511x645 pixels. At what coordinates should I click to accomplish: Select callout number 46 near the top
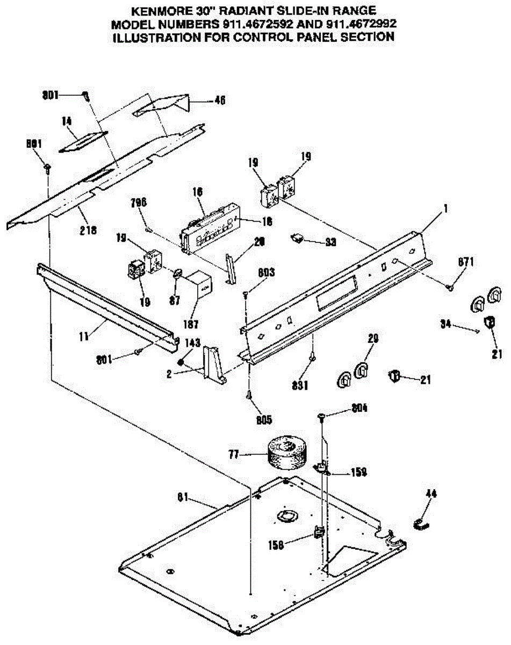click(x=219, y=99)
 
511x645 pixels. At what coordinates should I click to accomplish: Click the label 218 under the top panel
click(x=89, y=230)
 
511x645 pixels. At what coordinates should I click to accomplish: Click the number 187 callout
click(x=191, y=324)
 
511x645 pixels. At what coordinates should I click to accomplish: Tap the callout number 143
click(x=193, y=342)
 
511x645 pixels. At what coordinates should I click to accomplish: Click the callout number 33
click(x=330, y=242)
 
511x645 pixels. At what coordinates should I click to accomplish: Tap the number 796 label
click(x=139, y=203)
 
